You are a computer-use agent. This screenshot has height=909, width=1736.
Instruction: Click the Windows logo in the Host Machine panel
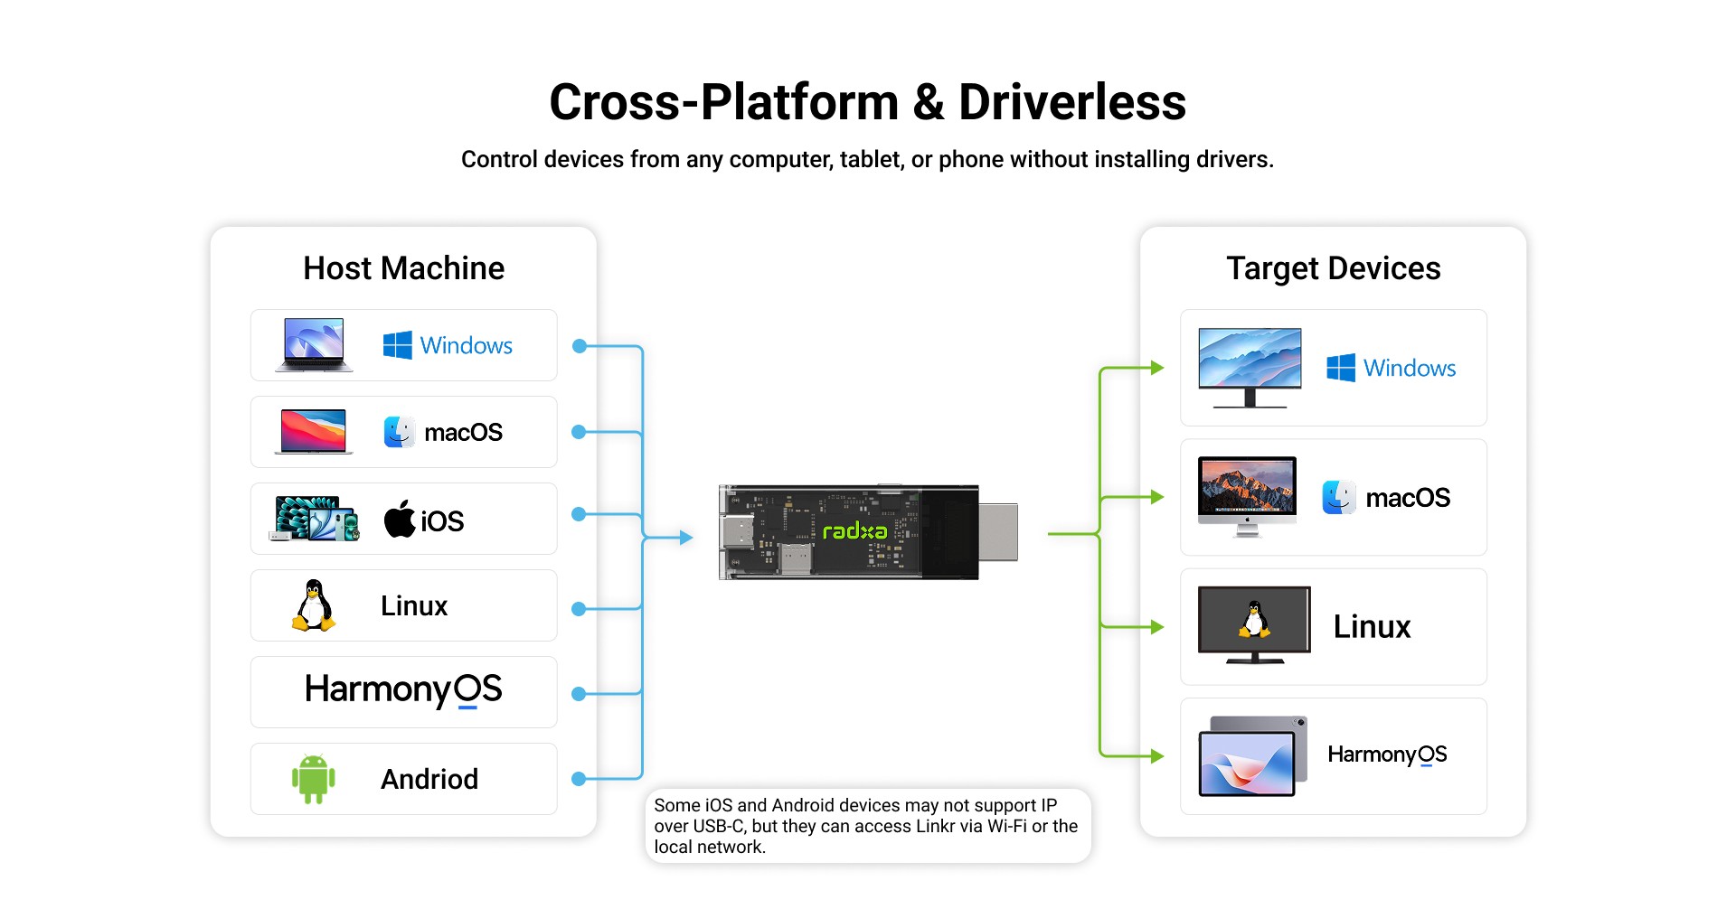(x=397, y=345)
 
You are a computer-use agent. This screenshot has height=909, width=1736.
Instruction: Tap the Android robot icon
(x=314, y=779)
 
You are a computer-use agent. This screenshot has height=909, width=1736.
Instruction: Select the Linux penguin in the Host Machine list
(x=314, y=605)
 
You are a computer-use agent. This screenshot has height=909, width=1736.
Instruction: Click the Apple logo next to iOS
(x=400, y=519)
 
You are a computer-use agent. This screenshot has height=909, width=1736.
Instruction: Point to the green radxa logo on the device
(x=854, y=531)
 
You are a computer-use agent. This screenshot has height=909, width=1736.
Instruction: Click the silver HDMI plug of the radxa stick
(x=998, y=531)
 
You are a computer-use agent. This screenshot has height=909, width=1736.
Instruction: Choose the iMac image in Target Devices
(x=1247, y=497)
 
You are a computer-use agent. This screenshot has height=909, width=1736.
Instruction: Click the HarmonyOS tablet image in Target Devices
(x=1253, y=756)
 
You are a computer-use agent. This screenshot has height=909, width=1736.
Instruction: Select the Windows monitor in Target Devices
(x=1250, y=368)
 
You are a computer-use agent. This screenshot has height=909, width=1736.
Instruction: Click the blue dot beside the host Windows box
(x=580, y=346)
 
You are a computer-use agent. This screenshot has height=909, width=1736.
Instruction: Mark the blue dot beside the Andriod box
(x=580, y=779)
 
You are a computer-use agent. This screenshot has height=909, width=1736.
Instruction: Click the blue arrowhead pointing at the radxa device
(x=686, y=538)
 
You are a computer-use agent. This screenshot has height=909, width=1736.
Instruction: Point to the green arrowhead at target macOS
(x=1157, y=497)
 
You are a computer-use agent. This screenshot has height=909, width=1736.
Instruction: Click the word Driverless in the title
(x=1072, y=102)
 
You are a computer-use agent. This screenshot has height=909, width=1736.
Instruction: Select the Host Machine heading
(x=404, y=268)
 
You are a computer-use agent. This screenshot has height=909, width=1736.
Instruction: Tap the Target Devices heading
(x=1334, y=268)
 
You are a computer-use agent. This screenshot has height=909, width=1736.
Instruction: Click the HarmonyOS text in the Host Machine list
(x=403, y=689)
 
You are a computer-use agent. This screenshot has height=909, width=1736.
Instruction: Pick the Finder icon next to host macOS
(x=400, y=432)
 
